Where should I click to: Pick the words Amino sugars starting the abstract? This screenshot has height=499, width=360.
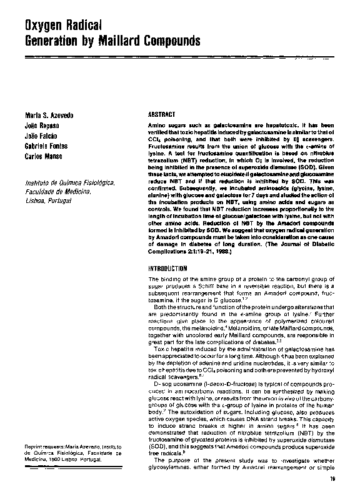165,126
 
